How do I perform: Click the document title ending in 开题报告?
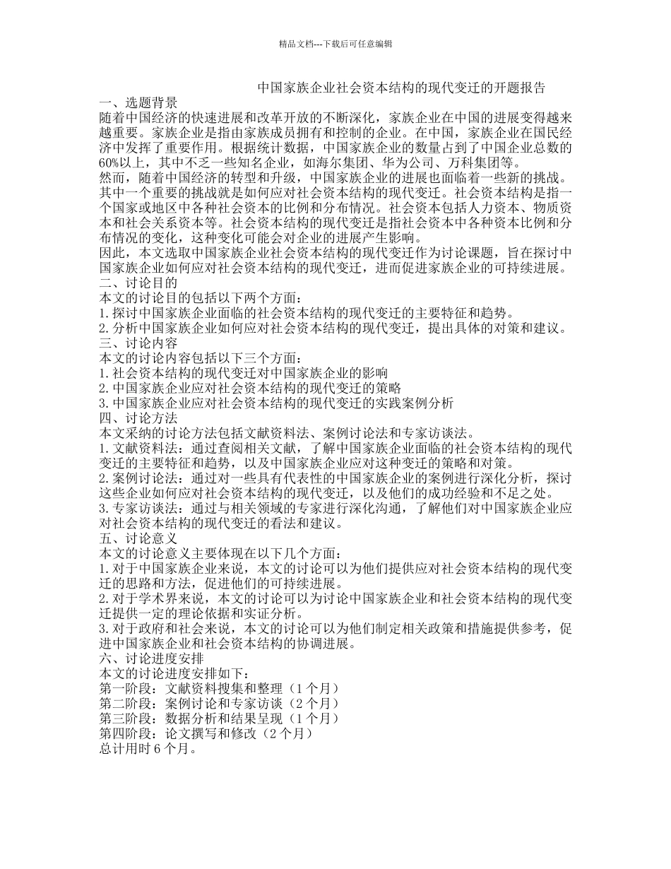click(400, 88)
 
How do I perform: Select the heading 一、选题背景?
click(138, 103)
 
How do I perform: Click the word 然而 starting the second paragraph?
click(113, 177)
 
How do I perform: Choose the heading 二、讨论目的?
click(138, 283)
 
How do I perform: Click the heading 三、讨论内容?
click(138, 343)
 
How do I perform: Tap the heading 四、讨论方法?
click(138, 418)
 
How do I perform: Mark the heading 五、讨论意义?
click(138, 538)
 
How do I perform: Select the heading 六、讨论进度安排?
click(151, 658)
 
